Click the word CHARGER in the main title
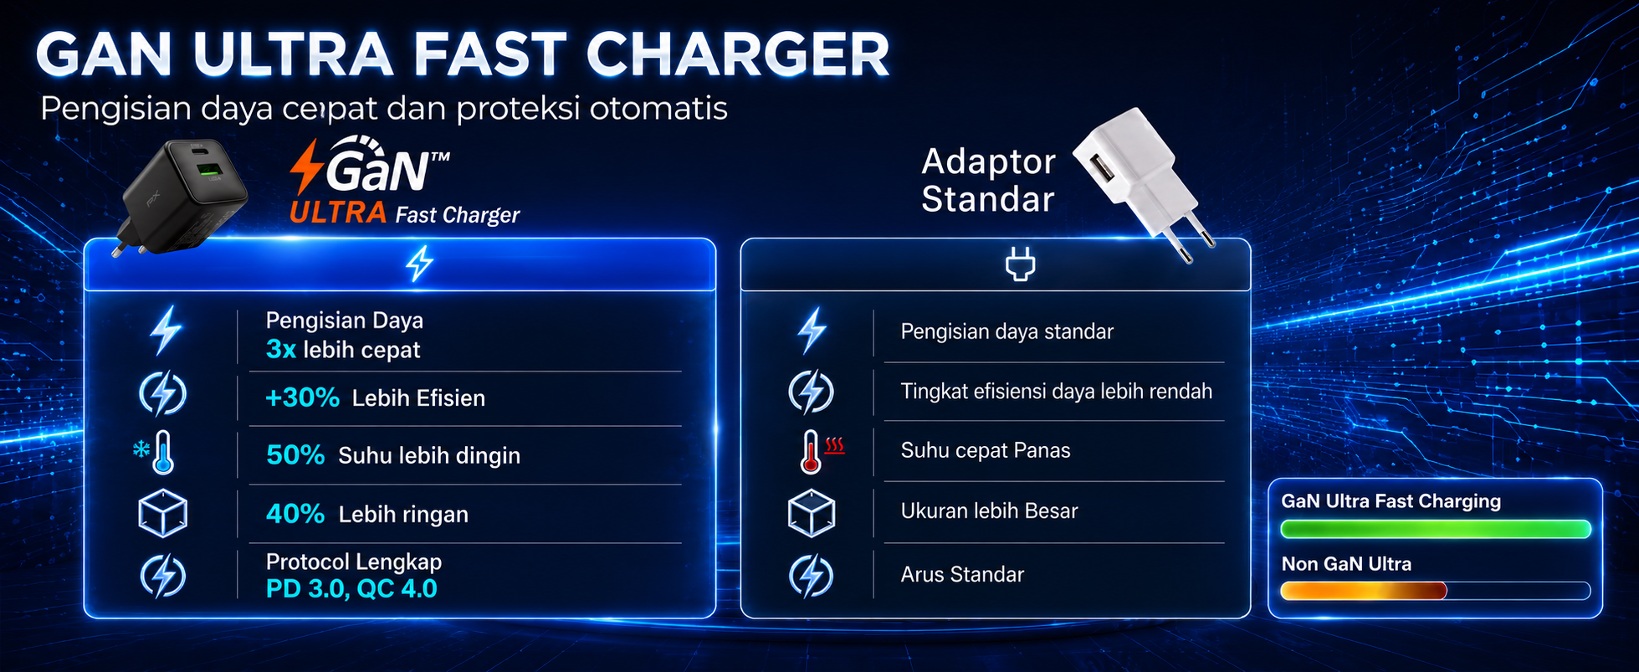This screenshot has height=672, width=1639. [738, 55]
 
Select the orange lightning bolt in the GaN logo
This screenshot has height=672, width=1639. [306, 167]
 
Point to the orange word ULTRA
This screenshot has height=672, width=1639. [338, 213]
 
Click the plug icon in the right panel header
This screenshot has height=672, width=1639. [1020, 264]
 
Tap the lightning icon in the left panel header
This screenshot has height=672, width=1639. [419, 264]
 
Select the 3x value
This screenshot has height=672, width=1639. [281, 350]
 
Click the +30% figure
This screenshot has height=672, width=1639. [302, 398]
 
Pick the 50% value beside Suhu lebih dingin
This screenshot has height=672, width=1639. [295, 454]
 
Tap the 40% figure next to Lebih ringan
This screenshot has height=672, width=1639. [295, 514]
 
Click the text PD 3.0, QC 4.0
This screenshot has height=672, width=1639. [351, 589]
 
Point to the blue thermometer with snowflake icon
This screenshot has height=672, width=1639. [155, 453]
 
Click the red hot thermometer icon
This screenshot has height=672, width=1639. [821, 451]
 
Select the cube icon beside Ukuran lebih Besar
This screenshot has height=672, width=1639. [812, 513]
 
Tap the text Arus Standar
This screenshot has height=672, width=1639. [962, 574]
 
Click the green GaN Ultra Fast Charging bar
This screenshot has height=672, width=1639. [1436, 529]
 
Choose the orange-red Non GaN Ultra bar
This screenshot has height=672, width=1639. [1364, 591]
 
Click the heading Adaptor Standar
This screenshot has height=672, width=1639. [988, 181]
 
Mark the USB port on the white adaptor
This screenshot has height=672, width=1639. [1101, 172]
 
